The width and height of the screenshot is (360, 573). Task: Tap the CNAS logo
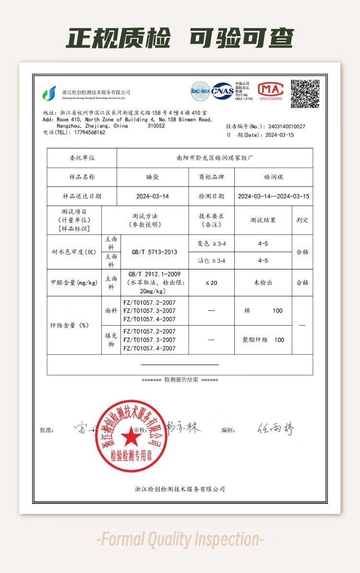click(x=223, y=91)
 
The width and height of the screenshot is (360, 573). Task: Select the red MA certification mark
click(x=271, y=91)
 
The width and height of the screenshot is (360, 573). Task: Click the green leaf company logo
click(x=49, y=93)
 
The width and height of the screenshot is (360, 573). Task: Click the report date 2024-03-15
click(x=279, y=135)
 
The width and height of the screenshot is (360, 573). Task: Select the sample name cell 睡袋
click(x=152, y=177)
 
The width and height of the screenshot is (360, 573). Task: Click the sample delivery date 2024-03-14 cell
click(x=152, y=196)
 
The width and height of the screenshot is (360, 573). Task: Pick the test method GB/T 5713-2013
click(x=154, y=252)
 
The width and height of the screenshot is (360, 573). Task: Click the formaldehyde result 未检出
click(x=263, y=283)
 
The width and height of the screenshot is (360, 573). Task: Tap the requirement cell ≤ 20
click(x=211, y=283)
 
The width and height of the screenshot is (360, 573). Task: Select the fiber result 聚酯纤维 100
click(x=263, y=340)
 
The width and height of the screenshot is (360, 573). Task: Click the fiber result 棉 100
click(x=263, y=311)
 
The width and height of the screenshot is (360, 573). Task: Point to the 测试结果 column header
click(x=263, y=220)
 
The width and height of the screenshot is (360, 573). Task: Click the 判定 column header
click(x=302, y=220)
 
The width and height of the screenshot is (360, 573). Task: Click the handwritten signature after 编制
click(x=275, y=429)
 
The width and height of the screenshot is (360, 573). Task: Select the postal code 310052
click(x=156, y=126)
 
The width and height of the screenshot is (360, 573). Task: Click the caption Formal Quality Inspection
click(x=180, y=540)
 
